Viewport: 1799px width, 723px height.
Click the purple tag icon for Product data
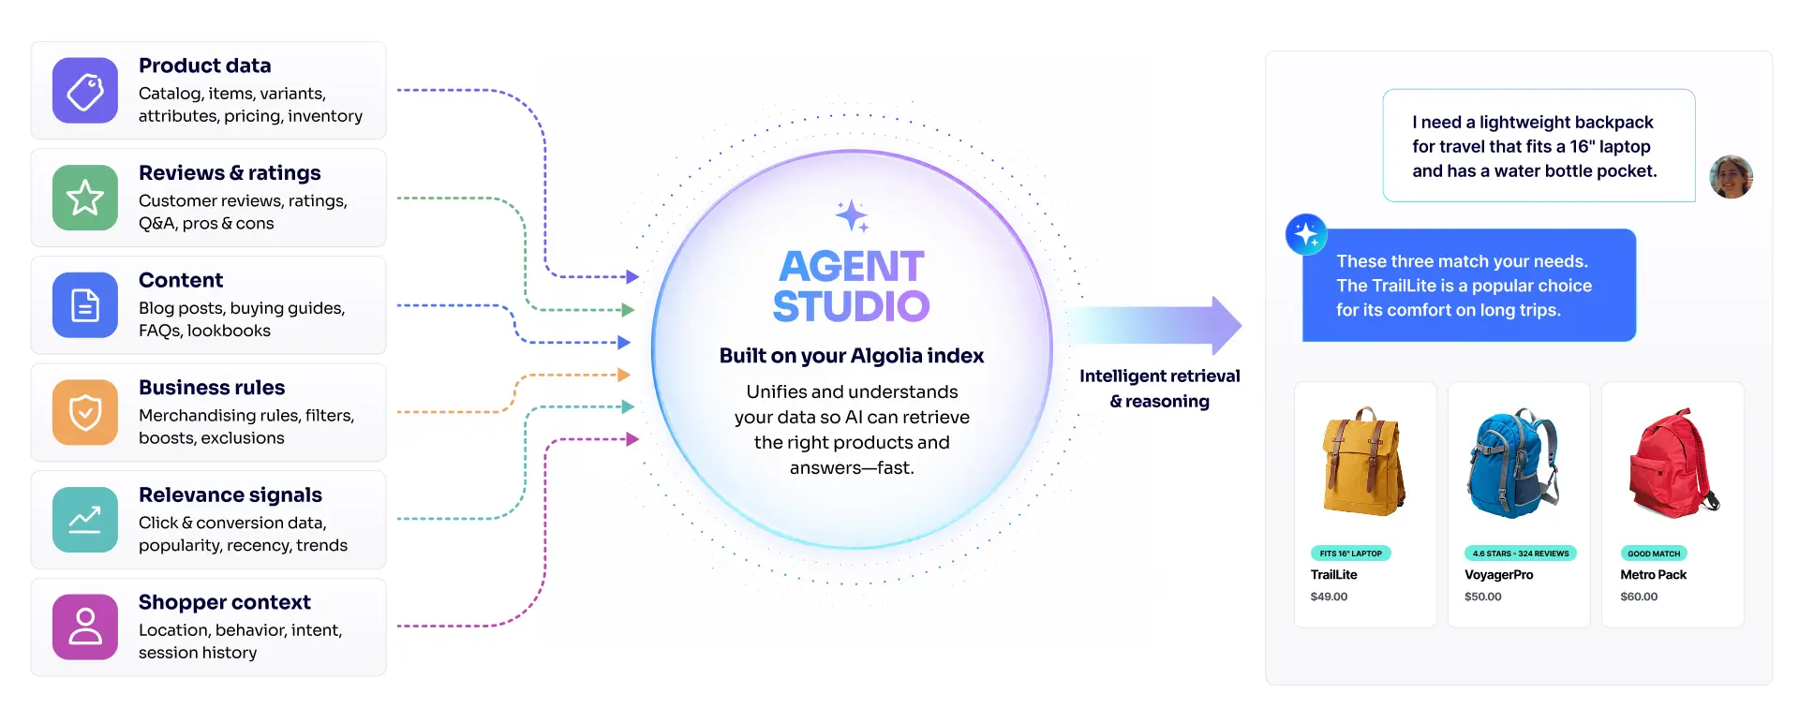click(x=85, y=91)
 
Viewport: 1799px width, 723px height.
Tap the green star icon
click(x=85, y=198)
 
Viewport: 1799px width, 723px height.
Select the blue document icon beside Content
click(x=85, y=305)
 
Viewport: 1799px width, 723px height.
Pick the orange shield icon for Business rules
click(x=85, y=412)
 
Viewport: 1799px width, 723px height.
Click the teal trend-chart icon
click(x=85, y=520)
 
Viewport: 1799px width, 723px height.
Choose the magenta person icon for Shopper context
click(x=85, y=627)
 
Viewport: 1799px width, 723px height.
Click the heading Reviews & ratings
click(x=230, y=173)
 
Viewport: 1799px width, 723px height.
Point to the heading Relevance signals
click(x=230, y=494)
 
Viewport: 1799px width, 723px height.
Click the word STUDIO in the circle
click(x=851, y=306)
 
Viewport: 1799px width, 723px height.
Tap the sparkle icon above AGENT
click(x=852, y=215)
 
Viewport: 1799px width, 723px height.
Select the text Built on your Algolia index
click(x=852, y=356)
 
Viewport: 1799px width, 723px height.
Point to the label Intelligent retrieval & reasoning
click(x=1160, y=389)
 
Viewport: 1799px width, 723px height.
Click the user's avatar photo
click(x=1731, y=177)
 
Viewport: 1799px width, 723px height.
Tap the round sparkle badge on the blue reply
click(x=1306, y=234)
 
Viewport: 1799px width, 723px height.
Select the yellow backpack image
click(x=1363, y=461)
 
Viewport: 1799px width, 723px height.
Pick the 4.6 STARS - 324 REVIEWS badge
click(x=1521, y=553)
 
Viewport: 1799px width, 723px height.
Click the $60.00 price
click(x=1639, y=597)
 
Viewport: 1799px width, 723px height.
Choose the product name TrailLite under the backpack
click(x=1334, y=575)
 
